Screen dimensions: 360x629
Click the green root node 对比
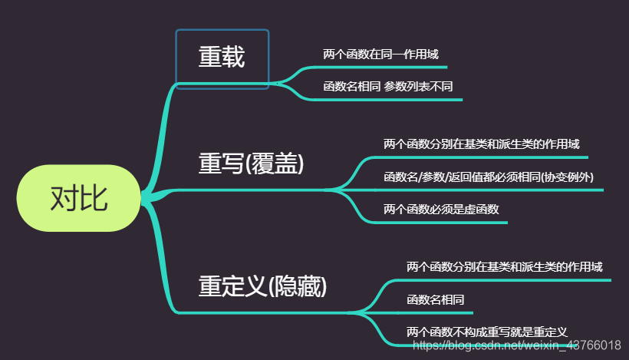79,198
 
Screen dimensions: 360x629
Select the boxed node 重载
222,58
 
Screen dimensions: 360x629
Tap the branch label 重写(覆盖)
252,164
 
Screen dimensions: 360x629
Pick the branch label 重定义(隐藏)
262,286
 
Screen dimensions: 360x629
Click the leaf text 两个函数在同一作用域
380,55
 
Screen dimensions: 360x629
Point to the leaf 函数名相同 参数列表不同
387,87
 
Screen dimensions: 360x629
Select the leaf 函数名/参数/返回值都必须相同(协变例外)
488,177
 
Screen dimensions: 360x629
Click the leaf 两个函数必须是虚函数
441,208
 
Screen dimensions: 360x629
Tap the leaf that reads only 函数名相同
435,299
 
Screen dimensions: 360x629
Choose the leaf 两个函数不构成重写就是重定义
486,332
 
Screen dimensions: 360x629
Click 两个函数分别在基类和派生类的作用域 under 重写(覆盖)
481,144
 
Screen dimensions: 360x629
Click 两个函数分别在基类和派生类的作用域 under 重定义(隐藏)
504,267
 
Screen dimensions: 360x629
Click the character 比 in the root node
94,198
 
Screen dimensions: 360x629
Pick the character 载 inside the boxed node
233,58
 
